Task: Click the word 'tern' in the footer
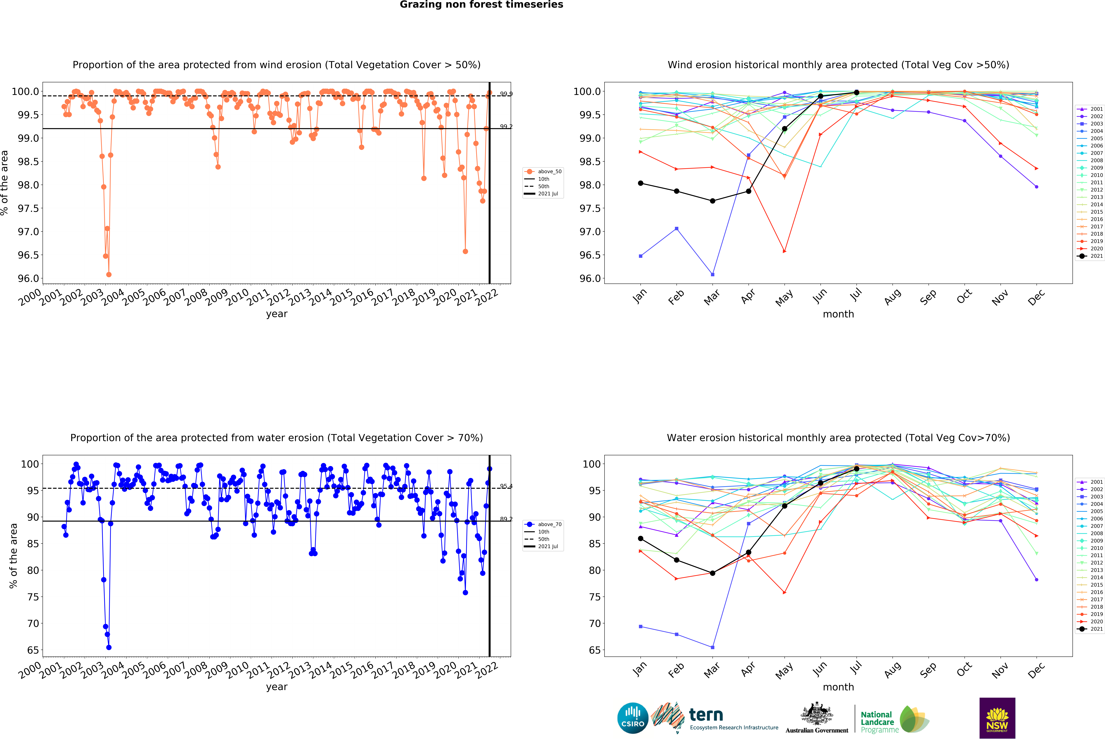tap(706, 715)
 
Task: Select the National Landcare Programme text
tap(878, 722)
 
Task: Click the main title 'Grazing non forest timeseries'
tap(481, 5)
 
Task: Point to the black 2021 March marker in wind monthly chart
tap(712, 201)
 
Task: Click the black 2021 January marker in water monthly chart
tap(640, 539)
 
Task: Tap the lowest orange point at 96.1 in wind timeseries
tap(109, 274)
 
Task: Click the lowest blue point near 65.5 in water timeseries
tap(109, 647)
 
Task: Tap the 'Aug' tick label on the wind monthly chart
tap(892, 296)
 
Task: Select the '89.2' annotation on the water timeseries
tap(506, 519)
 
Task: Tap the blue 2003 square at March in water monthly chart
tap(712, 647)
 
